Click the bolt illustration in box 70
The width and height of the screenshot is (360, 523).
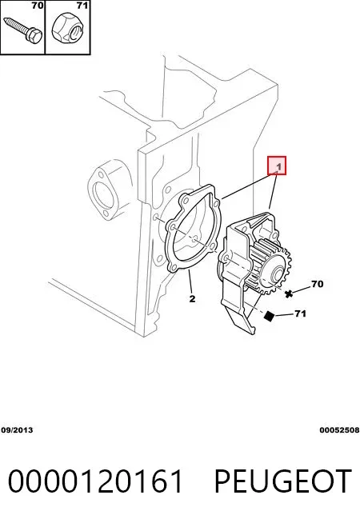point(22,30)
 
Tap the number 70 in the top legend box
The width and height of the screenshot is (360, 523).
point(38,6)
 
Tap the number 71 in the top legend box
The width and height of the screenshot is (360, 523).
point(82,6)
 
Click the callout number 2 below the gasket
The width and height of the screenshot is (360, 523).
point(192,298)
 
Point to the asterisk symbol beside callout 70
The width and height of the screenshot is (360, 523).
point(289,293)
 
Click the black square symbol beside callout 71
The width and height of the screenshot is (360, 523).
point(269,316)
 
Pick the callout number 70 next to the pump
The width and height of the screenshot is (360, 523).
point(318,284)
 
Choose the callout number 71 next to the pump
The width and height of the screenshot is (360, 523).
point(300,313)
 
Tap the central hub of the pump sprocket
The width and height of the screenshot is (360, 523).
point(278,275)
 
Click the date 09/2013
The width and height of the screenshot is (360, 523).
point(17,430)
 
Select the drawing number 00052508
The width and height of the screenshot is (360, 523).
point(339,430)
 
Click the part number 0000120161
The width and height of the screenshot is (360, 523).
point(95,481)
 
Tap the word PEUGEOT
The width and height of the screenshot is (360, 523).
point(282,481)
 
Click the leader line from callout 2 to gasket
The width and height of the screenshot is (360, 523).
point(190,281)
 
